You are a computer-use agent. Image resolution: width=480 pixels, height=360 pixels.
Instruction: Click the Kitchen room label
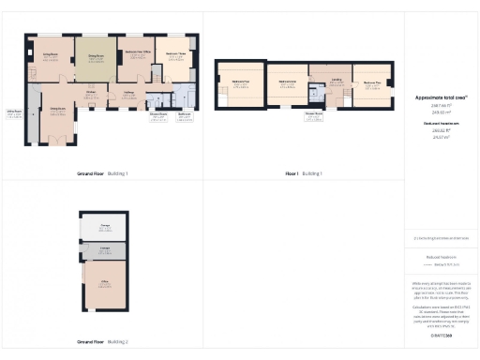pyautogui.click(x=91, y=93)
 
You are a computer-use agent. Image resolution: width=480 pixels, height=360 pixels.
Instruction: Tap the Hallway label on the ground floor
pyautogui.click(x=129, y=94)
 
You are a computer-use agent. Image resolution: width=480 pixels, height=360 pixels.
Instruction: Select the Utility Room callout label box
pyautogui.click(x=14, y=114)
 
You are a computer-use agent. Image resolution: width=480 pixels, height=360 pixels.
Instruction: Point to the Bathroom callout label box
pyautogui.click(x=185, y=116)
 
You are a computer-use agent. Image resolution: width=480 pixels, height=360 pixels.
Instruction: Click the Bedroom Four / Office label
pyautogui.click(x=136, y=55)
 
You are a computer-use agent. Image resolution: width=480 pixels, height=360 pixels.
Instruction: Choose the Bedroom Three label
pyautogui.click(x=175, y=55)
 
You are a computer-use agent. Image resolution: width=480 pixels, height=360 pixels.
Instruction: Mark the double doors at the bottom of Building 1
pyautogui.click(x=57, y=142)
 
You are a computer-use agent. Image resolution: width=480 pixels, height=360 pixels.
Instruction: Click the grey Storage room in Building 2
pyautogui.click(x=105, y=250)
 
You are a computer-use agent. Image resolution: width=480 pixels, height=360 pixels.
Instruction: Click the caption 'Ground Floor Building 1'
pyautogui.click(x=101, y=173)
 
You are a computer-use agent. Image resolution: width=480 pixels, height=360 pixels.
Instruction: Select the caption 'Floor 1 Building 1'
pyautogui.click(x=303, y=173)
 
